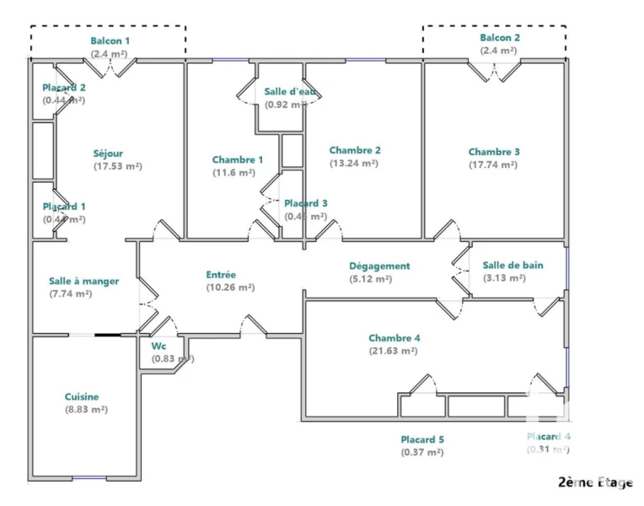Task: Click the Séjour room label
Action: pyautogui.click(x=108, y=153)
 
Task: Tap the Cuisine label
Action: pyautogui.click(x=82, y=396)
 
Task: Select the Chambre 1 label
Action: pyautogui.click(x=238, y=159)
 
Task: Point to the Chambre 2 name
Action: pyautogui.click(x=355, y=150)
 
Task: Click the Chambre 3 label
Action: pyautogui.click(x=494, y=152)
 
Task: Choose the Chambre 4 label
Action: pyautogui.click(x=394, y=337)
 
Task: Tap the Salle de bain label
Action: pyautogui.click(x=513, y=265)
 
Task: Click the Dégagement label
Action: pyautogui.click(x=380, y=266)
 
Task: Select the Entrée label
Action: pyautogui.click(x=221, y=274)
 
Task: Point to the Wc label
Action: pyautogui.click(x=158, y=346)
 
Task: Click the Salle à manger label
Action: pyautogui.click(x=83, y=281)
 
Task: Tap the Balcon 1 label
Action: pyautogui.click(x=110, y=40)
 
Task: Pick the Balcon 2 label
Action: pyautogui.click(x=500, y=38)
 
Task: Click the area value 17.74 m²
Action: pyautogui.click(x=493, y=165)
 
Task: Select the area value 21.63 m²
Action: pyautogui.click(x=394, y=351)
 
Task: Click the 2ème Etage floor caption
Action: pyautogui.click(x=595, y=482)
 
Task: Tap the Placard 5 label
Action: pyautogui.click(x=422, y=439)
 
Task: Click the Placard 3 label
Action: pyautogui.click(x=305, y=203)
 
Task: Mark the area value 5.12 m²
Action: pyautogui.click(x=371, y=279)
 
